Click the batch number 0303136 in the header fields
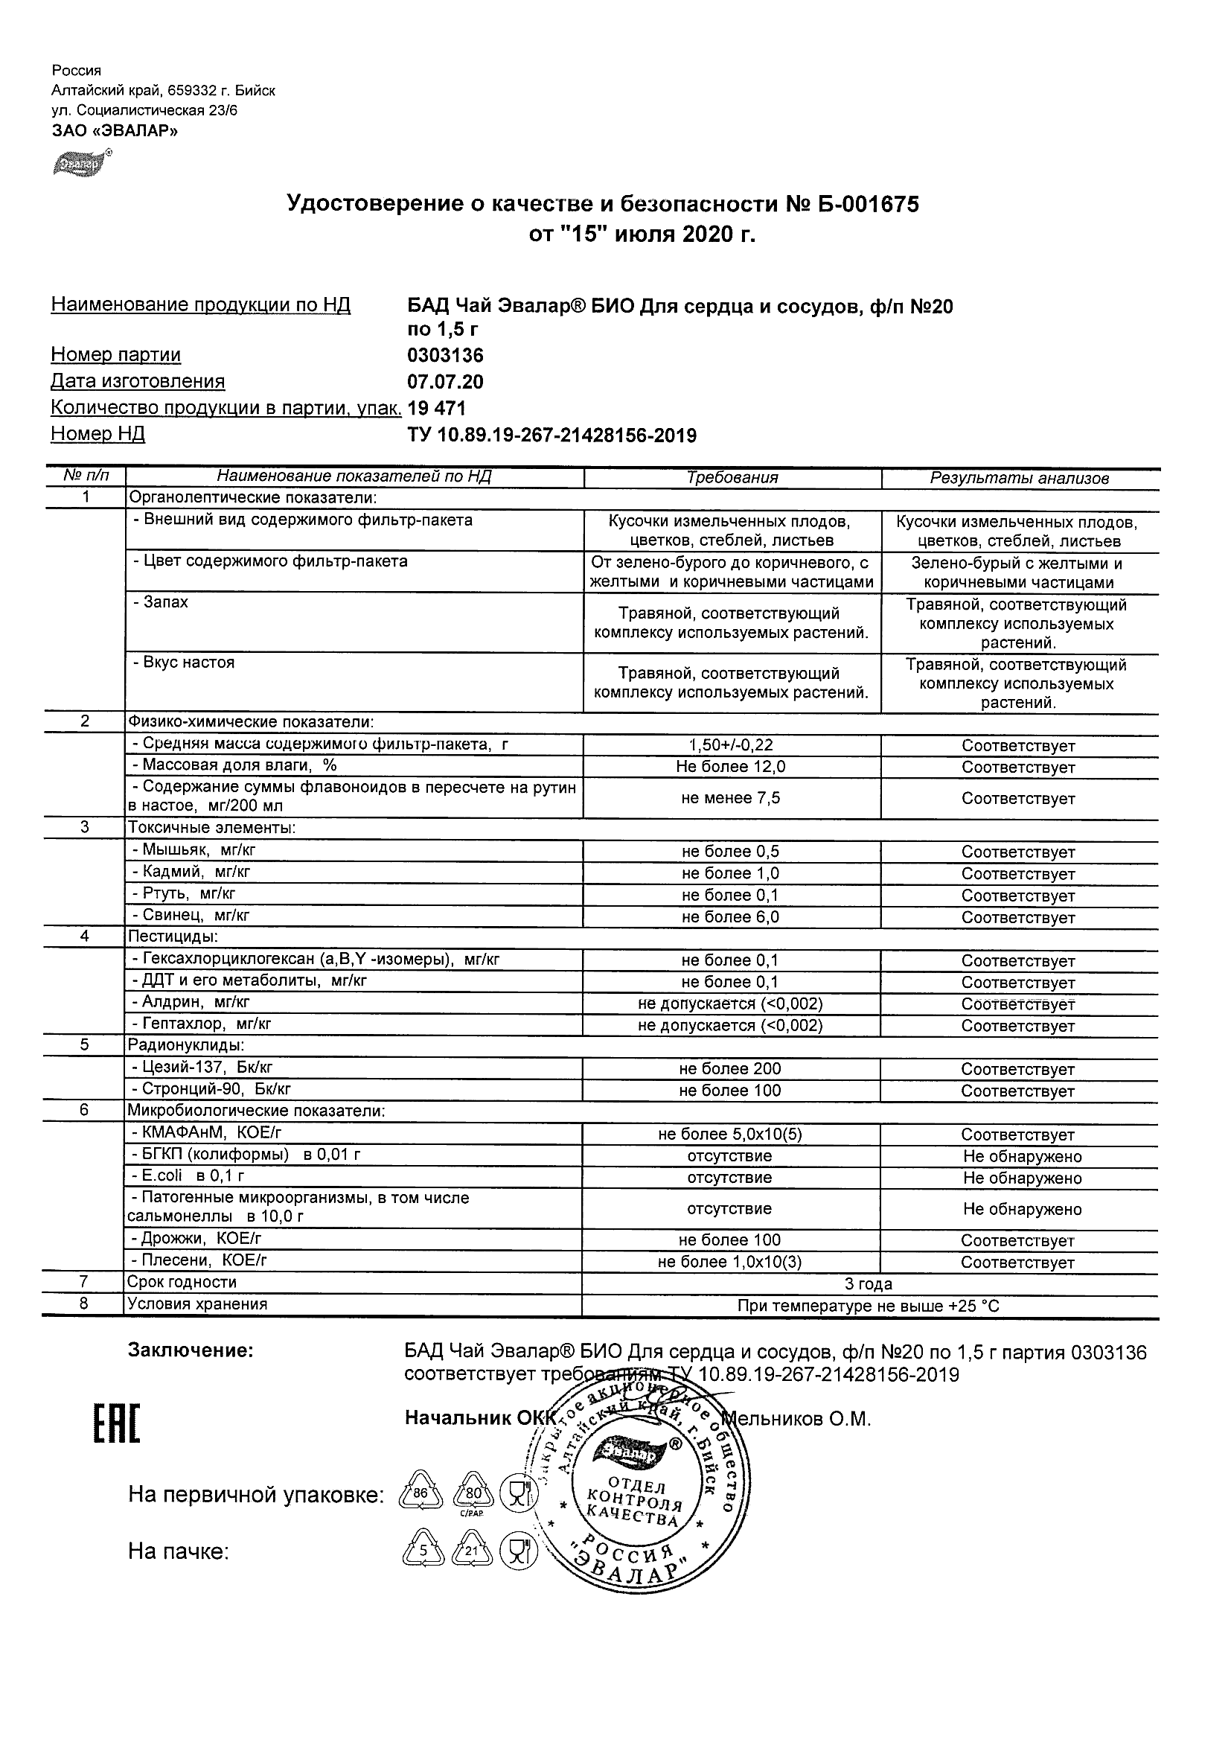click(445, 355)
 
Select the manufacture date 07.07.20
click(445, 382)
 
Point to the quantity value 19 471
click(436, 408)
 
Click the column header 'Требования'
click(732, 478)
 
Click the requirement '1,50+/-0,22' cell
click(731, 746)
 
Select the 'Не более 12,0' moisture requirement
click(731, 767)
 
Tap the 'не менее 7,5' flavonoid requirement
click(731, 798)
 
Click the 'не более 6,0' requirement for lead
click(731, 917)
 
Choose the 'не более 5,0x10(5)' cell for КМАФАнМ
click(729, 1135)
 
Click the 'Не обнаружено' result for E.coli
click(1022, 1178)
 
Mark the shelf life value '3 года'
click(869, 1283)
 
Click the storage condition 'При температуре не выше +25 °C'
click(869, 1306)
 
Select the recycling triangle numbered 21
click(472, 1551)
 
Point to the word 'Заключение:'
click(190, 1350)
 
